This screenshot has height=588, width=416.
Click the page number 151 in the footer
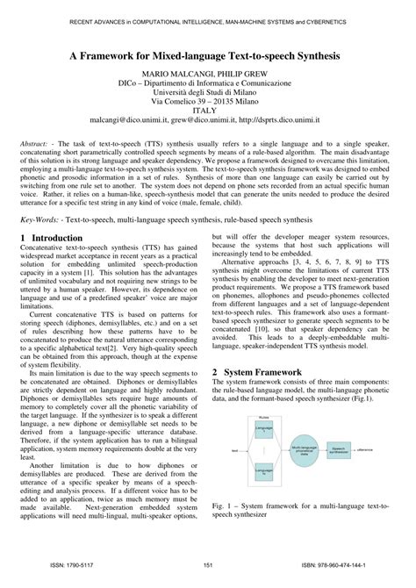pyautogui.click(x=208, y=567)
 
